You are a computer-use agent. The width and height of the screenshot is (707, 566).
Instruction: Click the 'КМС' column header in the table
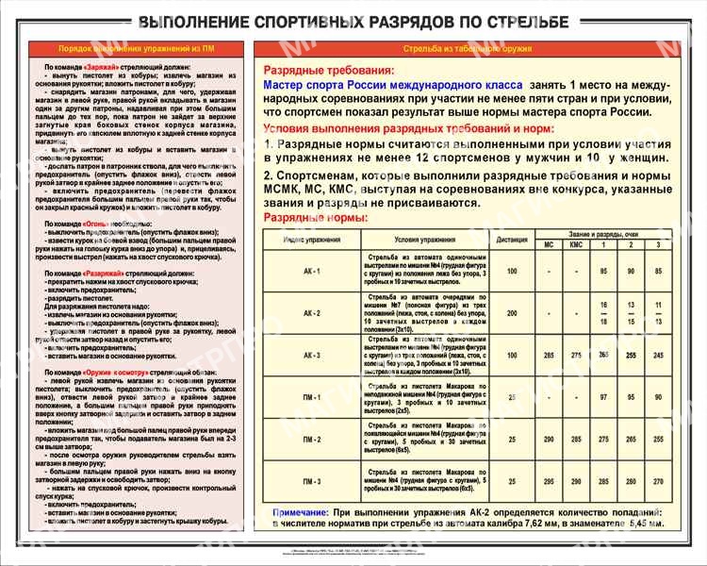pos(576,245)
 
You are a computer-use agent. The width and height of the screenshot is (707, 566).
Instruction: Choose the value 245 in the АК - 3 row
pos(658,356)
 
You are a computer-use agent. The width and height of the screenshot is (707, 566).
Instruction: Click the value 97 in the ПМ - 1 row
pos(604,397)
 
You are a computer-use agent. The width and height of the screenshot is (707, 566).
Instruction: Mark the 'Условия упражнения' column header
pos(419,240)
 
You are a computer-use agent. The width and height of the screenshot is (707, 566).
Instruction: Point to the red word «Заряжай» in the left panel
pos(103,71)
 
